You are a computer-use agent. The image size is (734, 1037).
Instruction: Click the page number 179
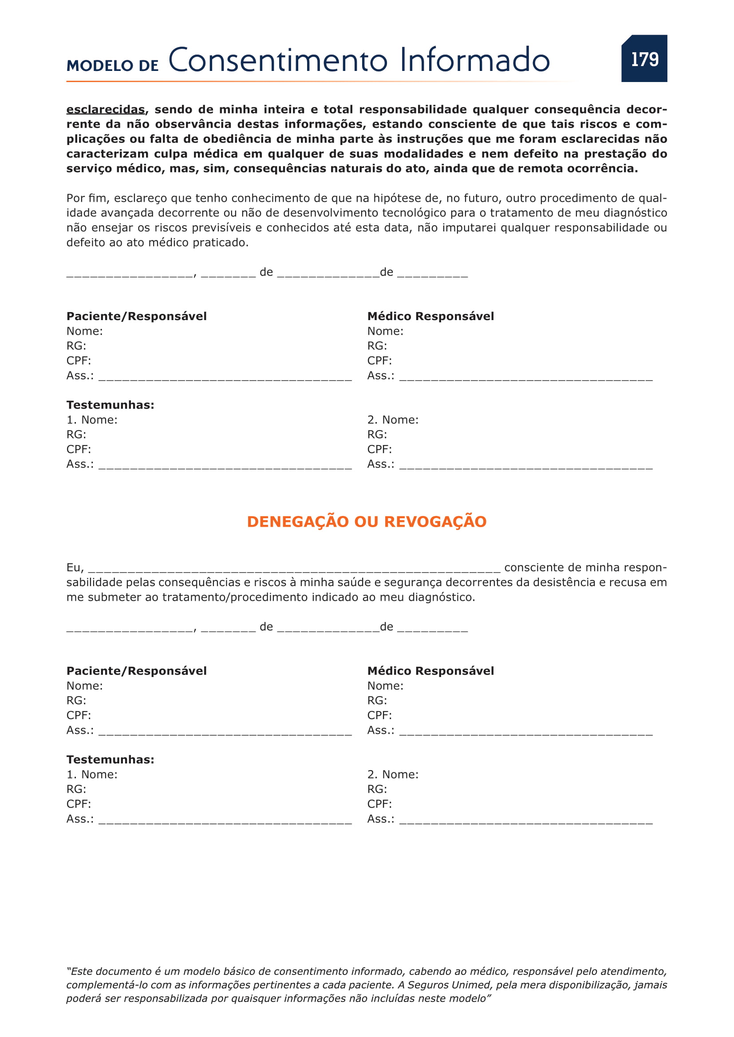644,59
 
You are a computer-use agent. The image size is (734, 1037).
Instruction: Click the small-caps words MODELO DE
113,66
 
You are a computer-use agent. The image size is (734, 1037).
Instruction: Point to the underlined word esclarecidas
105,110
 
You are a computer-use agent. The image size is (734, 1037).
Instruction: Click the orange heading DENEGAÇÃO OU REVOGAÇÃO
367,522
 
